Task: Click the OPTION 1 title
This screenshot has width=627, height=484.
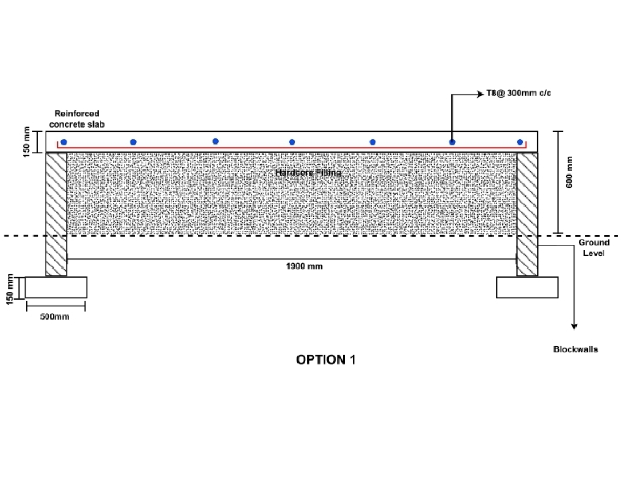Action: point(325,359)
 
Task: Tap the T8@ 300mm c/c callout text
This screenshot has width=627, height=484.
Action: point(519,93)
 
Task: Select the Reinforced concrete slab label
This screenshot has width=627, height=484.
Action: point(77,119)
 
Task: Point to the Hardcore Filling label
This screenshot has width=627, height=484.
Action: point(309,173)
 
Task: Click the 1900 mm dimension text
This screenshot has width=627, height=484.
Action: point(304,266)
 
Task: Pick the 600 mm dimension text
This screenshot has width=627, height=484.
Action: point(569,172)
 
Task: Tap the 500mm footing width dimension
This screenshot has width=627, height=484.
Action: point(55,316)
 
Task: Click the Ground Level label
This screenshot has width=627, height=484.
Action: point(594,248)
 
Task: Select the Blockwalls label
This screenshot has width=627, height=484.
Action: point(575,349)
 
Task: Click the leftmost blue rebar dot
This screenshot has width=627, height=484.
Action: point(64,142)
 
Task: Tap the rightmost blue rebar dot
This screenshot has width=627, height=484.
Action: point(520,142)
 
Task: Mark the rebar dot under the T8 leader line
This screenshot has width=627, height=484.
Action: point(453,142)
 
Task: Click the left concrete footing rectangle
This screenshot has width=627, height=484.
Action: point(56,287)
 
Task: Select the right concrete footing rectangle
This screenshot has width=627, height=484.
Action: point(527,287)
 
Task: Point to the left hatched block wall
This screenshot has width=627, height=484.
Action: point(56,214)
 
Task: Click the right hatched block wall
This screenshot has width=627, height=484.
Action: point(527,214)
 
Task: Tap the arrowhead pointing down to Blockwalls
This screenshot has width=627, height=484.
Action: point(574,326)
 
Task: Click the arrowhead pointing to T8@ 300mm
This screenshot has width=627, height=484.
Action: point(481,94)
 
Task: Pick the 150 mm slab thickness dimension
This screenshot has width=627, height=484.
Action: point(26,142)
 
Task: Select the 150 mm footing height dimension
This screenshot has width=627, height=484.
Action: point(10,290)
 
